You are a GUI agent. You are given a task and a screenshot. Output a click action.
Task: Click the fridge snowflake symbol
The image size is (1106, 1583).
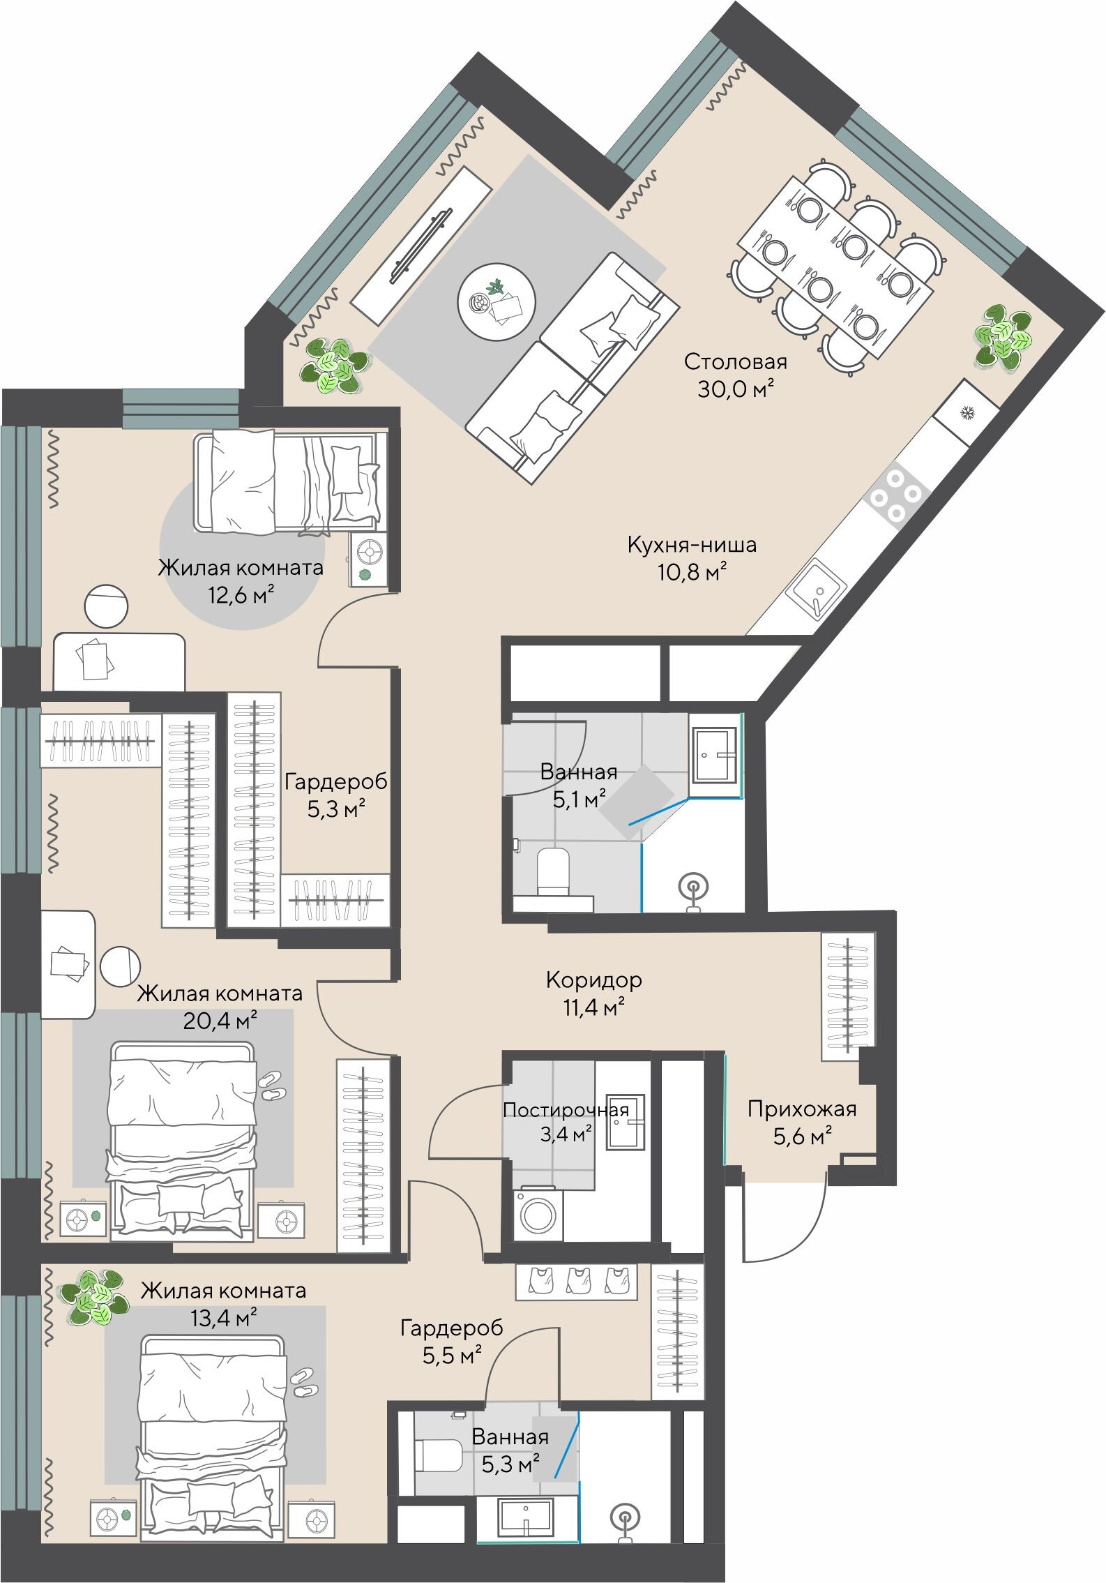tap(967, 414)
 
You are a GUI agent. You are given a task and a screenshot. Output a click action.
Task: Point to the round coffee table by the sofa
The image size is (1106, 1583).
tap(497, 301)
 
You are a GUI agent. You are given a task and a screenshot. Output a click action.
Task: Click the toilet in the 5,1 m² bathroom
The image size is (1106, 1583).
tap(554, 871)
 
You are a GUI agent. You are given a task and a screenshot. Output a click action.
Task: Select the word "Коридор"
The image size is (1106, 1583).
tap(593, 980)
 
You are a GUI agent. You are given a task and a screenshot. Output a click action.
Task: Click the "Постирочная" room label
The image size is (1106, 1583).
tap(566, 1109)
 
